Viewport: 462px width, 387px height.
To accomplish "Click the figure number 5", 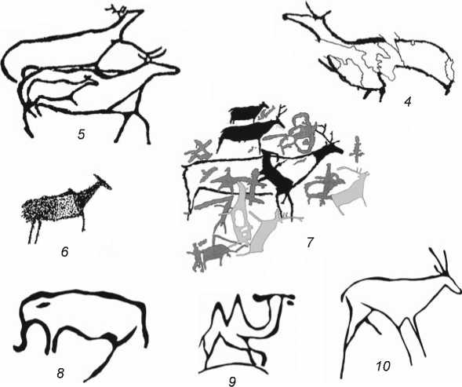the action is pyautogui.click(x=82, y=134).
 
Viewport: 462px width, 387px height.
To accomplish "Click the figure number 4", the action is pyautogui.click(x=408, y=102).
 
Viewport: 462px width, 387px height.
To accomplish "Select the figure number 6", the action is pyautogui.click(x=64, y=252).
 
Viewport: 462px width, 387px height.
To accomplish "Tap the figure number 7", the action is pyautogui.click(x=309, y=243).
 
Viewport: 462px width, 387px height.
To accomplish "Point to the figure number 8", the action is pyautogui.click(x=60, y=373).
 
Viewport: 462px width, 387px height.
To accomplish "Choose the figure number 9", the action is pyautogui.click(x=232, y=382).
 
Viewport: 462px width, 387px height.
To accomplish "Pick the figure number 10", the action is pyautogui.click(x=383, y=366).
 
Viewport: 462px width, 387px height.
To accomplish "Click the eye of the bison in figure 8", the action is pyautogui.click(x=43, y=304).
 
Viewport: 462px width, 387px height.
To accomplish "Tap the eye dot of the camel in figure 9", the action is pyautogui.click(x=290, y=302).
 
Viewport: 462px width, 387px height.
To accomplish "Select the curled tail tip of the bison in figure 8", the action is pyautogui.click(x=18, y=347).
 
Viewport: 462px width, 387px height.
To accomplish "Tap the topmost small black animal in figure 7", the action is pyautogui.click(x=249, y=112).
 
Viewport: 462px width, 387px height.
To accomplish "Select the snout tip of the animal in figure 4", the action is pyautogui.click(x=286, y=16).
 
